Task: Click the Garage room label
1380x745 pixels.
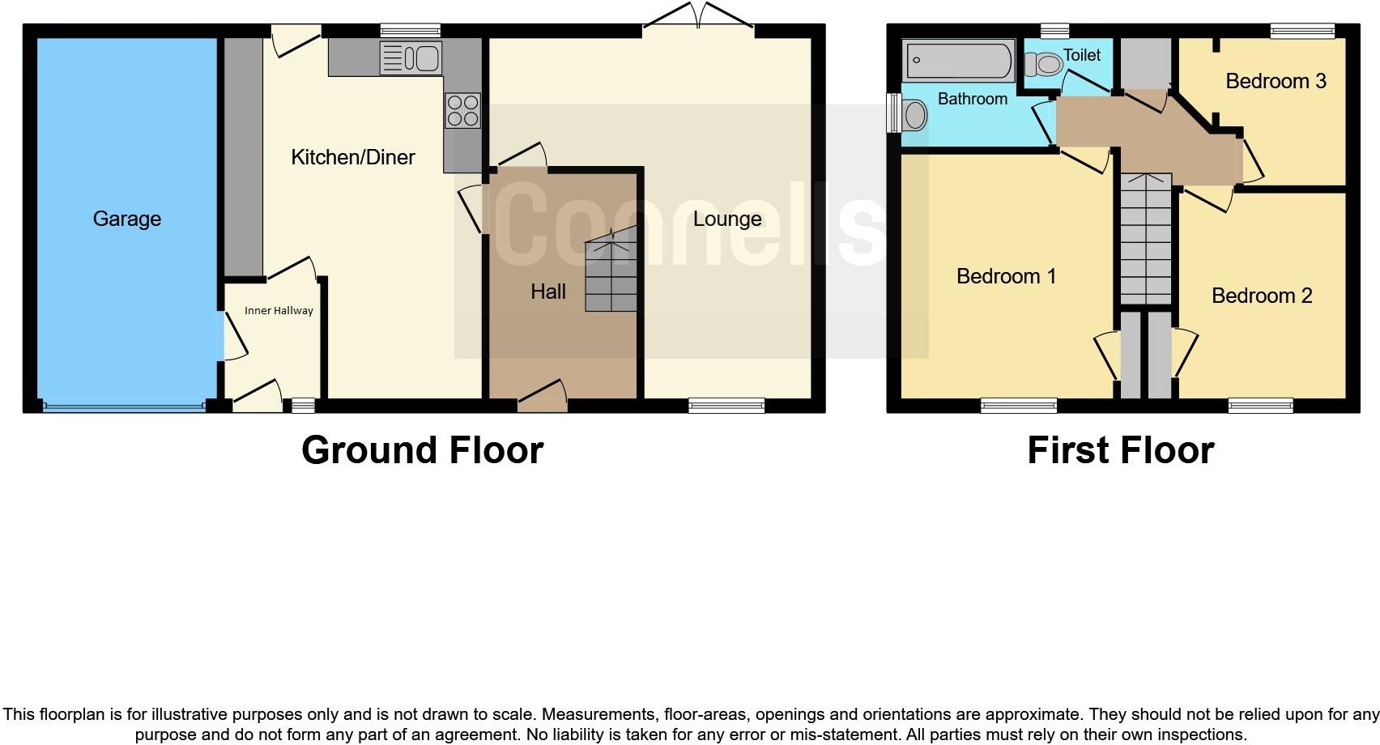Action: [127, 219]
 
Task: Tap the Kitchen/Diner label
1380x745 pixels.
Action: [353, 157]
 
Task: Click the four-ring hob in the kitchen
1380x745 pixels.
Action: [462, 110]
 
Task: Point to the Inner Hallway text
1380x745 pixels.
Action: [279, 311]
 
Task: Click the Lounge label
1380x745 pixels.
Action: [727, 219]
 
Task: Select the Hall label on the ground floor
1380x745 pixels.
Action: [548, 292]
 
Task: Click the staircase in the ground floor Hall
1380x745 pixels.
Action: [611, 275]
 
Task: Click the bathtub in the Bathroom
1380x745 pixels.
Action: [959, 61]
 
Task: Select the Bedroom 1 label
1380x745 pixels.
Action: [1006, 276]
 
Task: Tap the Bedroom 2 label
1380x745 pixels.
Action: [1262, 296]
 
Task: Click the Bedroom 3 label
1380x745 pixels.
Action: [1276, 81]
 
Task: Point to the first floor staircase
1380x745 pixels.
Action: [1146, 240]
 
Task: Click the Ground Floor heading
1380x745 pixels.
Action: [422, 450]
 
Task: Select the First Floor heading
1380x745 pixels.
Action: [1121, 450]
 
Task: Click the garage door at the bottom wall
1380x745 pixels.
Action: [124, 407]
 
